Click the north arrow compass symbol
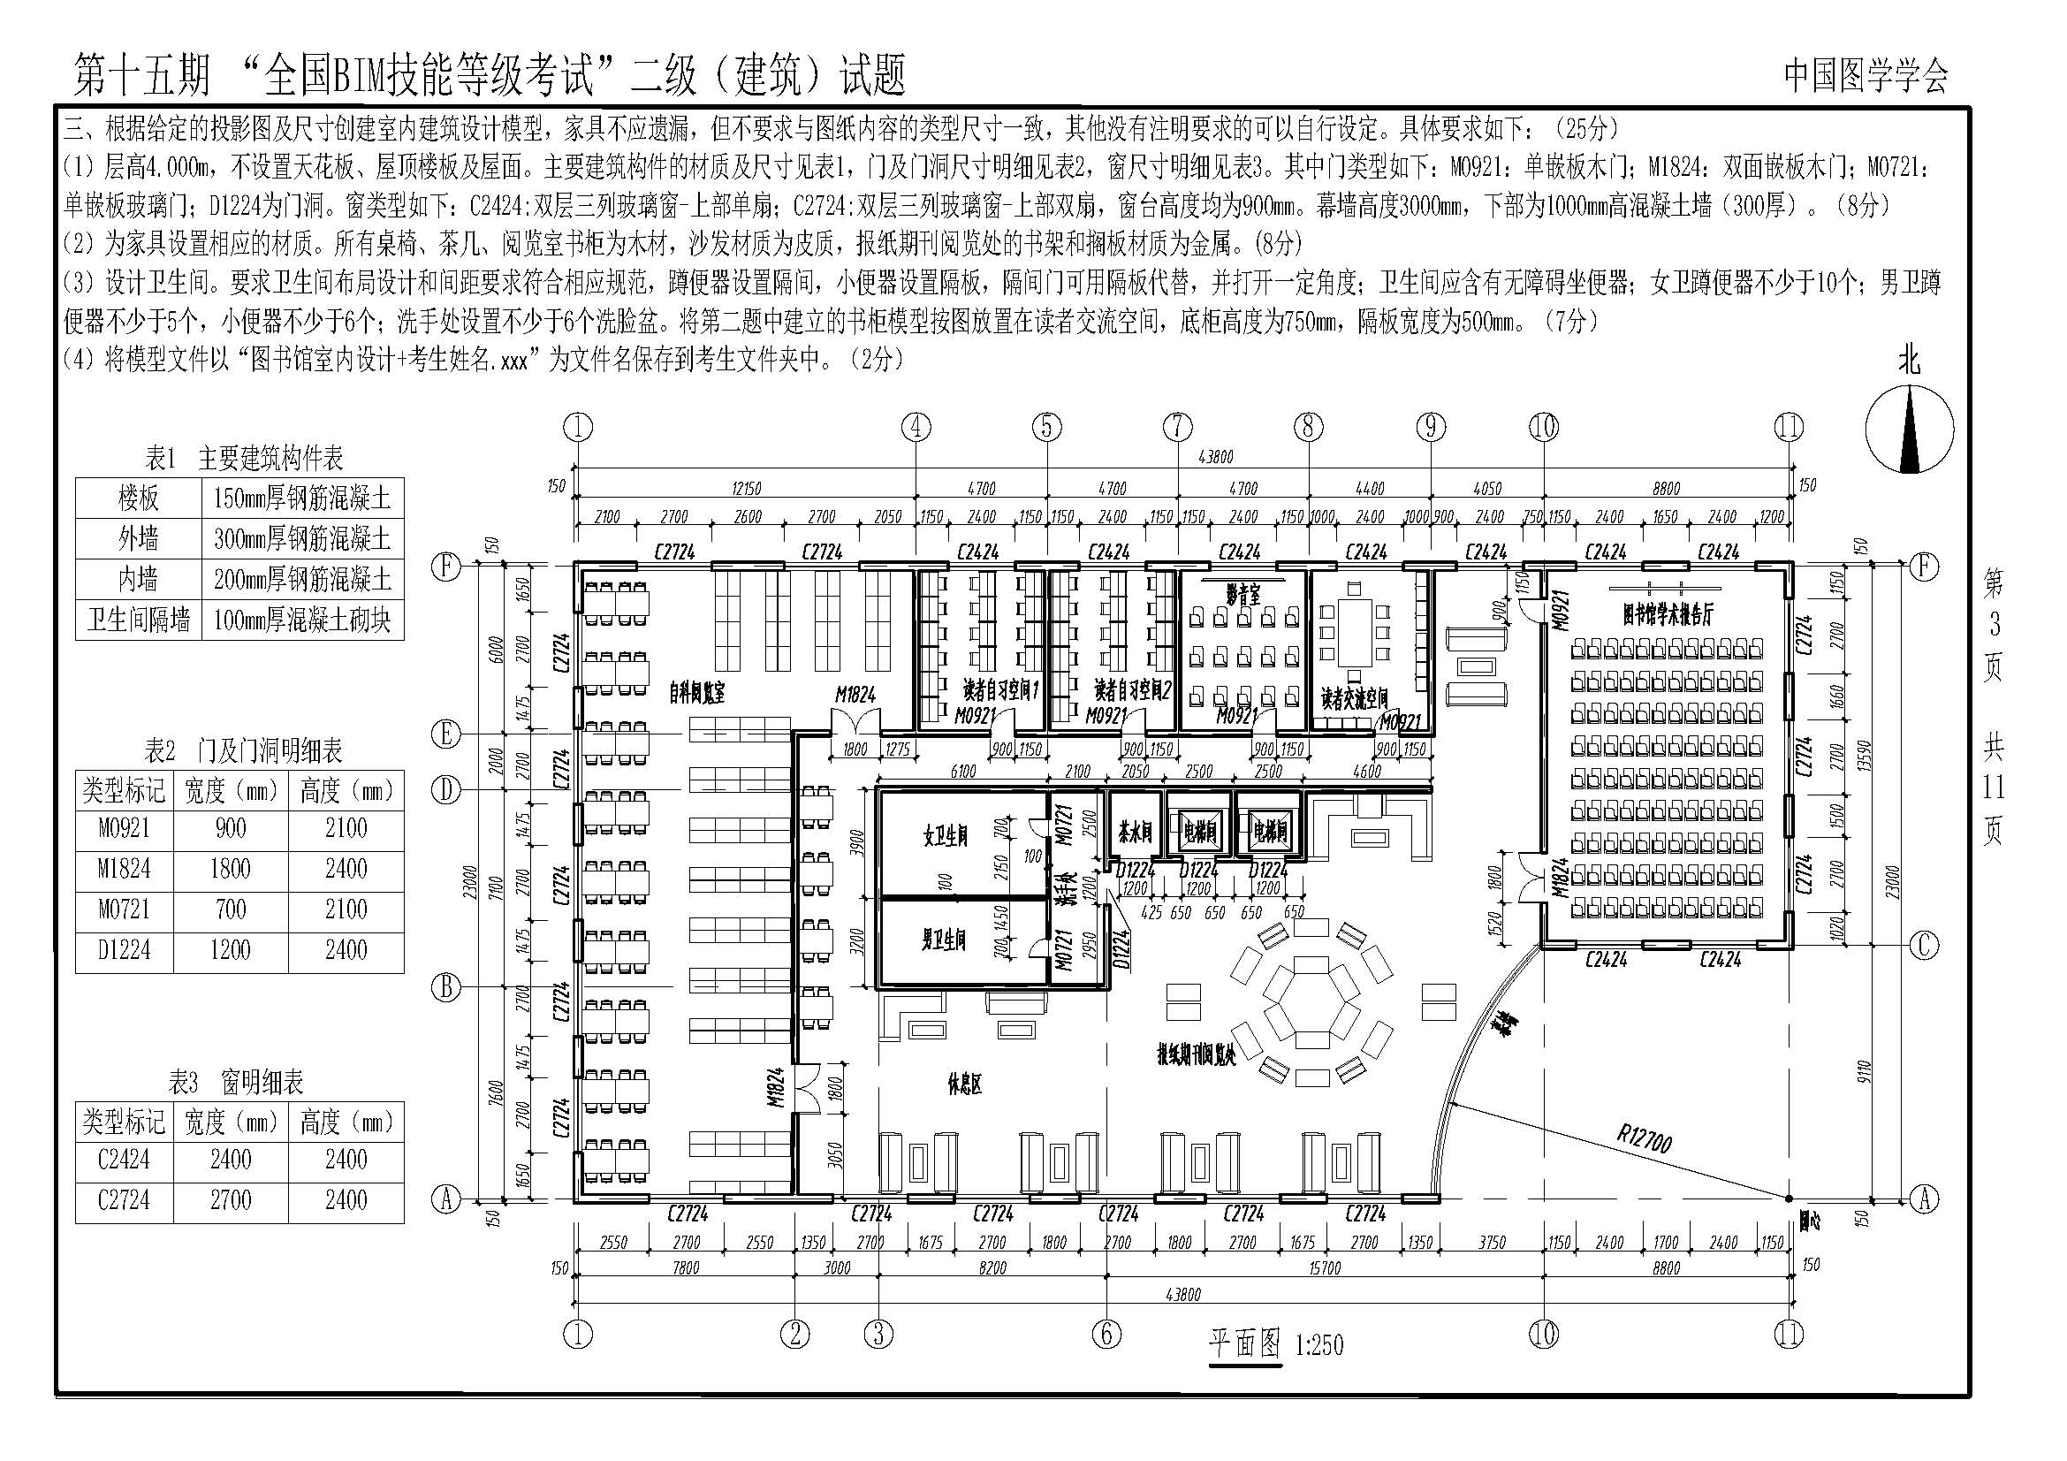(1909, 430)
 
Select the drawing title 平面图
(1244, 1345)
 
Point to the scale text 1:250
(1318, 1347)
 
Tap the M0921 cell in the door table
(125, 828)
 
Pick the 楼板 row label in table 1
(139, 498)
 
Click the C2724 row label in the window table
(125, 1200)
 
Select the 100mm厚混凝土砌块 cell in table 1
(302, 620)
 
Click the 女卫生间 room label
(946, 835)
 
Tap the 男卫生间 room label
(944, 940)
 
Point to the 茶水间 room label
(1136, 833)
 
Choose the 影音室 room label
(1242, 593)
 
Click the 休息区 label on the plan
(964, 1085)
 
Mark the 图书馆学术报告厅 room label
(1668, 614)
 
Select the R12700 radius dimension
(1644, 1140)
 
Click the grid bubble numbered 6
(1106, 1333)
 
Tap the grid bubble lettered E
(445, 734)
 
